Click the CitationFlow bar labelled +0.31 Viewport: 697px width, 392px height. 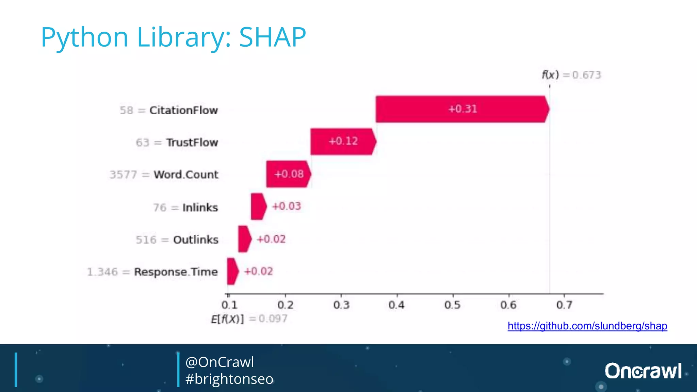click(x=462, y=109)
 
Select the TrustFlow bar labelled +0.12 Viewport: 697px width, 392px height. click(x=343, y=142)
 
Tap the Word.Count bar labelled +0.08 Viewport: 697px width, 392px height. click(x=288, y=174)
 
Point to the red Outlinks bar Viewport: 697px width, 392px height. click(x=244, y=239)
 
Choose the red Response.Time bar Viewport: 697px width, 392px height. click(x=232, y=271)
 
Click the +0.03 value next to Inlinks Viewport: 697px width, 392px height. click(x=287, y=206)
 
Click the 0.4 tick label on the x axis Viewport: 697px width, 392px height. click(x=397, y=305)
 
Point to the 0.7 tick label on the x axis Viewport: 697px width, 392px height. click(x=564, y=305)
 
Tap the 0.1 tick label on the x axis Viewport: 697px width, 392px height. click(x=229, y=305)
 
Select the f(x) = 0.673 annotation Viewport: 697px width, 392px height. click(x=571, y=75)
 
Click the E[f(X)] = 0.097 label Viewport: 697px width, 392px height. click(x=249, y=319)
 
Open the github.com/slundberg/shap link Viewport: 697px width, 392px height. click(x=587, y=326)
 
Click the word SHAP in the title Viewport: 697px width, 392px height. click(x=272, y=37)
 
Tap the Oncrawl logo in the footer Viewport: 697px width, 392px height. click(x=643, y=371)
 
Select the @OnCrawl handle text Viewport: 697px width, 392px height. click(x=220, y=362)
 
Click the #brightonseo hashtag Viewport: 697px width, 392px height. click(x=229, y=379)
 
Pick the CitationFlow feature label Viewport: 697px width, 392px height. click(x=183, y=110)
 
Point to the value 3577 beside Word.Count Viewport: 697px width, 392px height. click(x=123, y=175)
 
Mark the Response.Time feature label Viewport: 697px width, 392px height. click(x=176, y=272)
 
